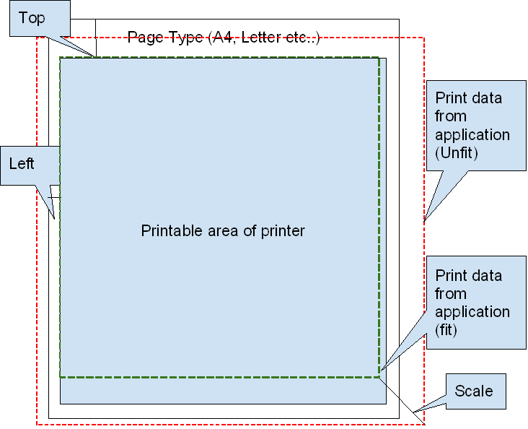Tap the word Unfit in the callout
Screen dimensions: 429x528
tap(458, 152)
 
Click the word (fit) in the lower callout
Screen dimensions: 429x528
tap(447, 329)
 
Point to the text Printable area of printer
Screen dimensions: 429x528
tap(223, 231)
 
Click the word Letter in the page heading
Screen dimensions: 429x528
tap(260, 38)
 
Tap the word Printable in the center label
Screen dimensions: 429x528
tap(167, 231)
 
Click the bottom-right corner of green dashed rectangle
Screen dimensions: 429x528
tap(379, 376)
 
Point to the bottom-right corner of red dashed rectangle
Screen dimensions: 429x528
tap(424, 425)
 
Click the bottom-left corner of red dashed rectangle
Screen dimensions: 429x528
tap(37, 425)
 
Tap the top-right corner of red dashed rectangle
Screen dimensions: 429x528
tap(424, 38)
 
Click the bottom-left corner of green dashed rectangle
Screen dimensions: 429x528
tap(60, 376)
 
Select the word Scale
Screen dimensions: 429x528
tap(474, 391)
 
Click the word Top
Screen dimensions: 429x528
tap(31, 19)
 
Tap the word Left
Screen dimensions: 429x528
tap(22, 163)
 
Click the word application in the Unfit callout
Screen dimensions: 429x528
tap(472, 134)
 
